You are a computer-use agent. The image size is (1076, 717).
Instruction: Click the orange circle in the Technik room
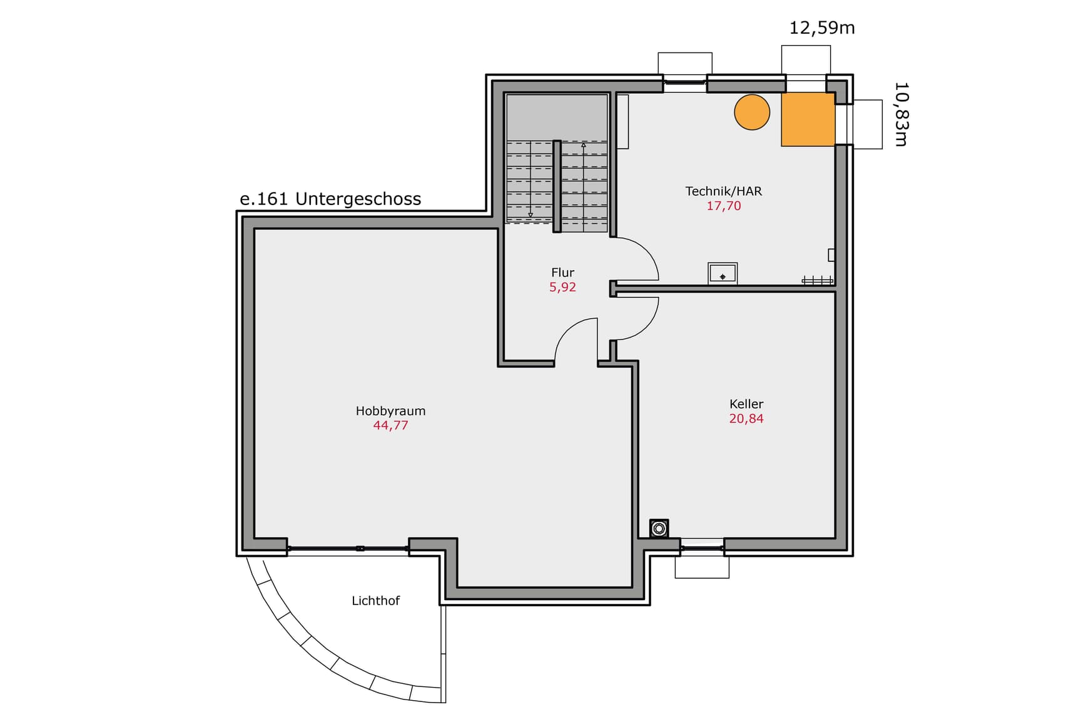click(x=751, y=112)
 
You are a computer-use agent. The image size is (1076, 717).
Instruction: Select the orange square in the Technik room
click(x=808, y=119)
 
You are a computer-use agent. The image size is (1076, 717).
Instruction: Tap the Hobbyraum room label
click(x=390, y=411)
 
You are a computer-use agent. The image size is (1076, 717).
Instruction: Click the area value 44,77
click(x=390, y=426)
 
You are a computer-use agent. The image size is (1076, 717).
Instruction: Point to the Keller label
click(x=746, y=404)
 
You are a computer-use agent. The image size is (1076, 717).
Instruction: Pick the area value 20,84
click(x=746, y=419)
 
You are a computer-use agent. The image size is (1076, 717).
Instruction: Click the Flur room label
click(x=562, y=273)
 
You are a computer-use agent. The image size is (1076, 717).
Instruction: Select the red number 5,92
click(x=562, y=287)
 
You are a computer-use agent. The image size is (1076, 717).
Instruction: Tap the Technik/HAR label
click(x=723, y=191)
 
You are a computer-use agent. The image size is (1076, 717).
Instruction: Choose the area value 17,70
click(x=723, y=206)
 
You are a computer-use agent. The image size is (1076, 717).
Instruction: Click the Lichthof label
click(x=375, y=601)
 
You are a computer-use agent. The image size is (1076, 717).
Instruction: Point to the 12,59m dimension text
click(x=822, y=28)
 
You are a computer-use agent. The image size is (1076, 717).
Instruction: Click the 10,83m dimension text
click(x=901, y=114)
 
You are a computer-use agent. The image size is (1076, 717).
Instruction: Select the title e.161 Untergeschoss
click(x=330, y=199)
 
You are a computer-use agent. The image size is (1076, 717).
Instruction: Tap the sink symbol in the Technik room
click(x=723, y=273)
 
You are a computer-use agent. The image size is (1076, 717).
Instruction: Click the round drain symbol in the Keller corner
click(x=659, y=529)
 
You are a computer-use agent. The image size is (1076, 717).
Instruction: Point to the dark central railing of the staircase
click(x=557, y=186)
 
